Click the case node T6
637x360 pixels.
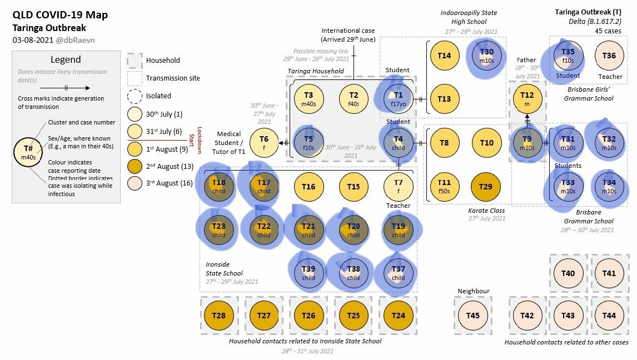pyautogui.click(x=263, y=142)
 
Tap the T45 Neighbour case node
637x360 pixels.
pyautogui.click(x=472, y=316)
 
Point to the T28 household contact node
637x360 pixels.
pyautogui.click(x=219, y=316)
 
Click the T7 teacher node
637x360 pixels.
pyautogui.click(x=398, y=186)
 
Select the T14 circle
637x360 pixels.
pyautogui.click(x=444, y=56)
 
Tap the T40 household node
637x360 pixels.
pyautogui.click(x=568, y=273)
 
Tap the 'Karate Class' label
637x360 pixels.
pyautogui.click(x=486, y=211)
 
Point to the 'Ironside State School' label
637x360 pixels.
pyautogui.click(x=224, y=269)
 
